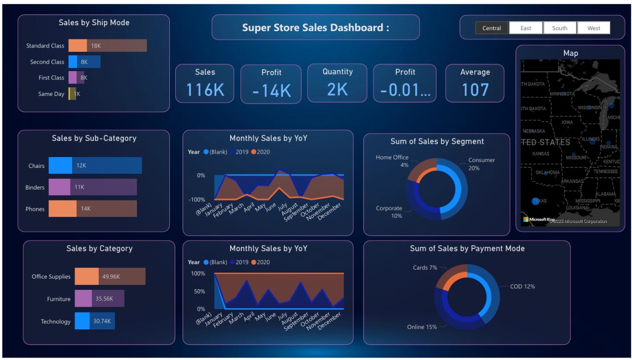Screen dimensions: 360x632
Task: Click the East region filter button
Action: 526,28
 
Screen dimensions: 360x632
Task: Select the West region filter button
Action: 593,28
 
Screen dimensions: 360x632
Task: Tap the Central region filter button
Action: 492,28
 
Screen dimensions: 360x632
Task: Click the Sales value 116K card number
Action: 205,90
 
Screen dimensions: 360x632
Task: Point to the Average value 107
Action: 475,90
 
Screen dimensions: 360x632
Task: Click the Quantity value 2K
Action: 337,89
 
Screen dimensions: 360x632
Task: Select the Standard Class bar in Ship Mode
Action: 108,45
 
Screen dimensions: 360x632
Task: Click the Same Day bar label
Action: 51,94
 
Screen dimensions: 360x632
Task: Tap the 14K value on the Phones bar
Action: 86,209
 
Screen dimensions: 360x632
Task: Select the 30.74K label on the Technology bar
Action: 102,321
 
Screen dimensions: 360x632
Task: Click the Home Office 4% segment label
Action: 393,161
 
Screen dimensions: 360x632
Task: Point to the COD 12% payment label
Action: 522,286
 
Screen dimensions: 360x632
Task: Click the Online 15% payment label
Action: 422,327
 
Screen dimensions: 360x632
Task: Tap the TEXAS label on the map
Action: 540,201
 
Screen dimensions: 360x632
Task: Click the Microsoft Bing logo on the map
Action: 539,219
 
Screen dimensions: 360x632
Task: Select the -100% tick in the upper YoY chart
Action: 197,200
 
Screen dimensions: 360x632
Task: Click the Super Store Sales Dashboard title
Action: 316,28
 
